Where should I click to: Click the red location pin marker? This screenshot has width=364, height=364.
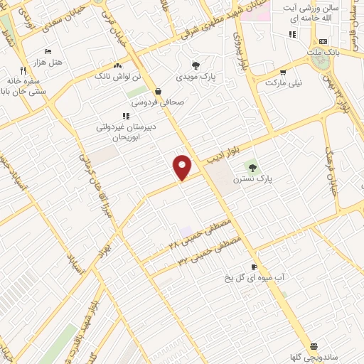click(x=183, y=166)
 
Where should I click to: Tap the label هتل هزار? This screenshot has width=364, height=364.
click(x=48, y=63)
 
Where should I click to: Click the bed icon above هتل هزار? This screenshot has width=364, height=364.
click(x=48, y=51)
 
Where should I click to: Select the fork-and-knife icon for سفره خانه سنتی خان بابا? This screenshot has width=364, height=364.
click(x=23, y=70)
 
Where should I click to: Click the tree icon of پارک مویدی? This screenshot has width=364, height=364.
click(x=206, y=65)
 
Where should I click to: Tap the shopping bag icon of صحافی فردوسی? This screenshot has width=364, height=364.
click(x=157, y=91)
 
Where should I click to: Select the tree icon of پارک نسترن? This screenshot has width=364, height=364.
click(x=252, y=168)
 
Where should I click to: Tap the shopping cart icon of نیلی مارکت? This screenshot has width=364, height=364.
click(x=283, y=72)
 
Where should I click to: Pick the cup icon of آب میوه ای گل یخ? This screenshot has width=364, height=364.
click(x=254, y=267)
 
